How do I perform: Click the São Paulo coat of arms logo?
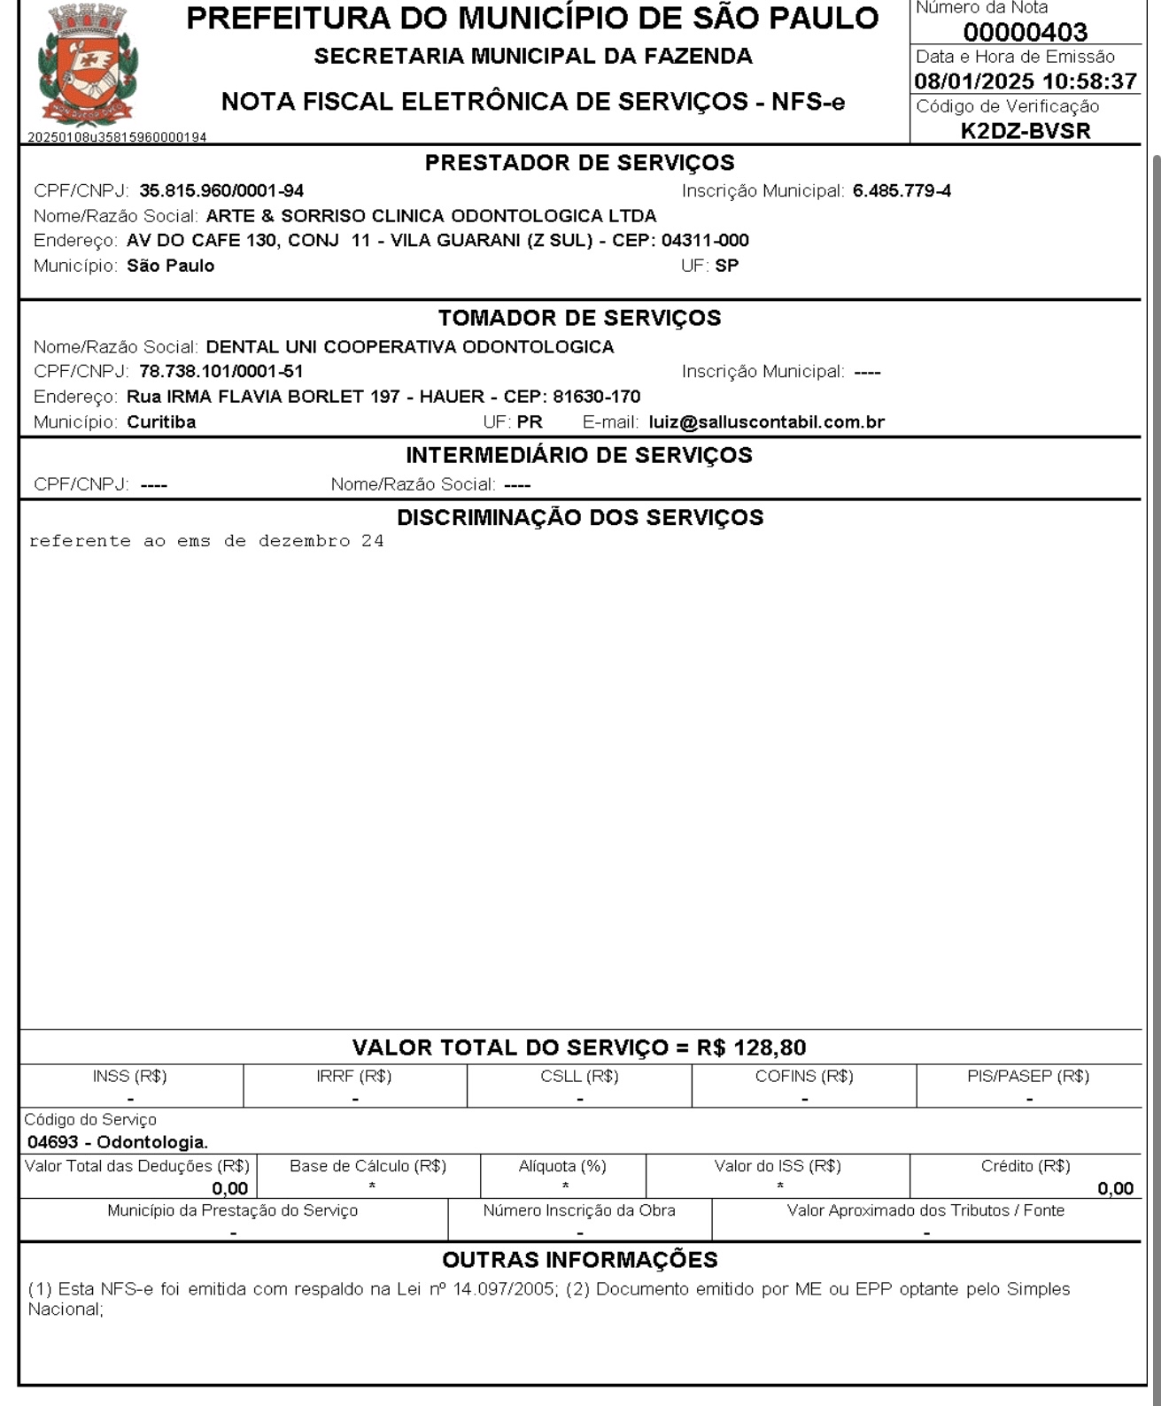[x=88, y=66]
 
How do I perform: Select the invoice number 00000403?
[x=1025, y=33]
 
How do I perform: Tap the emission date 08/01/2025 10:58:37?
[x=1025, y=81]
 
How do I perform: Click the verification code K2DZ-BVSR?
[x=1025, y=131]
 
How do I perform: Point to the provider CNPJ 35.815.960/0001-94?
[x=221, y=191]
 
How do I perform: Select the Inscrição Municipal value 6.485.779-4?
[x=902, y=191]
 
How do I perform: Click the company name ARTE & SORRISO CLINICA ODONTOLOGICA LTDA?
[x=431, y=216]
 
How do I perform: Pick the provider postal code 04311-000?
[x=705, y=241]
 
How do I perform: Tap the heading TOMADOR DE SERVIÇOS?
[x=579, y=318]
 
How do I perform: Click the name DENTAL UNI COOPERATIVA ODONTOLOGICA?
[x=410, y=347]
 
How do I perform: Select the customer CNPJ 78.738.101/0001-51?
[x=221, y=372]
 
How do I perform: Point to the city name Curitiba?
[x=161, y=422]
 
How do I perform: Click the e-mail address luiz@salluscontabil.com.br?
[x=766, y=422]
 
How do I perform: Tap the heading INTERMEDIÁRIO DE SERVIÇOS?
[x=579, y=455]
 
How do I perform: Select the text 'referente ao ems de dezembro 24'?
[x=206, y=541]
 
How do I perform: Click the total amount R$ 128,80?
[x=751, y=1047]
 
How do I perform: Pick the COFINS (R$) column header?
[x=804, y=1077]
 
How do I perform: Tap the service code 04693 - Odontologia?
[x=118, y=1142]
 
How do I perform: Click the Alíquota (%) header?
[x=562, y=1166]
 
